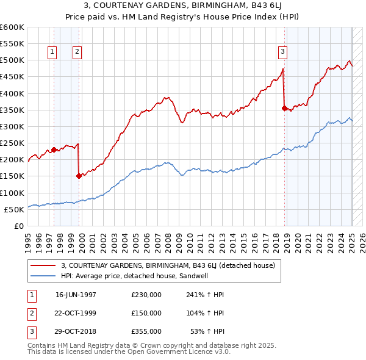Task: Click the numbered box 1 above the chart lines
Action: [x=52, y=52]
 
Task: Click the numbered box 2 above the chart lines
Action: [x=77, y=52]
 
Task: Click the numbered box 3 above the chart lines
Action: [x=283, y=52]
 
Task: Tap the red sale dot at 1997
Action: [x=54, y=149]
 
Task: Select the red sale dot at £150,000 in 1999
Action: [x=79, y=176]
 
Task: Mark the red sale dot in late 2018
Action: [x=285, y=108]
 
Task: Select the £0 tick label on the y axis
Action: [x=20, y=226]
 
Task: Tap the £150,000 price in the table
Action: [x=146, y=313]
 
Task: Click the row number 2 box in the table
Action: [x=30, y=313]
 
